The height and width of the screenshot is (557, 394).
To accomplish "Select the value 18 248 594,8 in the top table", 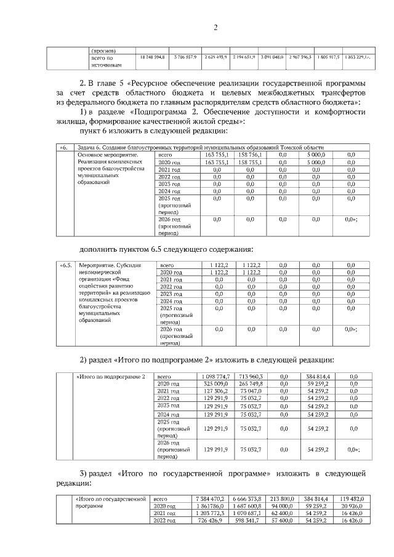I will click(149, 57).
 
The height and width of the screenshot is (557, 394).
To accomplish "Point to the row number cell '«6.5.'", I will click(66, 265).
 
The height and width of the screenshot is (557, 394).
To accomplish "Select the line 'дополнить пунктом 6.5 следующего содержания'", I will click(167, 249).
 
